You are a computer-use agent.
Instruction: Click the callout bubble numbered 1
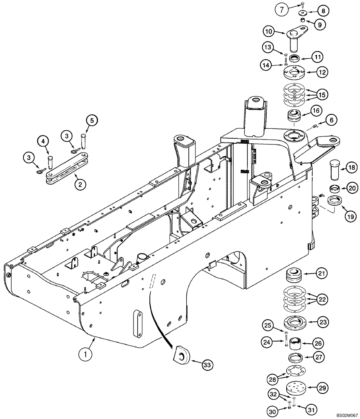pos(86,354)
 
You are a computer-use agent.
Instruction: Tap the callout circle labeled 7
pos(282,9)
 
